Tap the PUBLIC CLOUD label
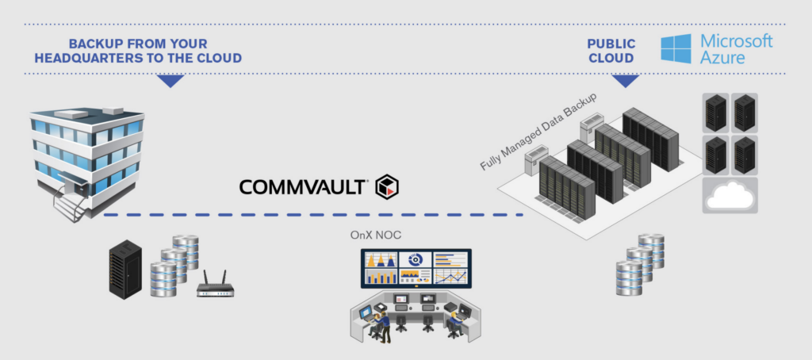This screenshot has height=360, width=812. [611, 51]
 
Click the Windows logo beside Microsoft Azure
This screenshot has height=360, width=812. [676, 48]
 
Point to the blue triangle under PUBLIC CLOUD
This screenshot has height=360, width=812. [626, 81]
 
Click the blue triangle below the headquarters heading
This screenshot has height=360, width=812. [170, 81]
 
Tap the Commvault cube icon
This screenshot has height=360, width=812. [388, 186]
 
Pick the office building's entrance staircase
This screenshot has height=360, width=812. [70, 208]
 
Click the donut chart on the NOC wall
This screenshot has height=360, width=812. [414, 259]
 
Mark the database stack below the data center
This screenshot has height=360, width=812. [638, 266]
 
